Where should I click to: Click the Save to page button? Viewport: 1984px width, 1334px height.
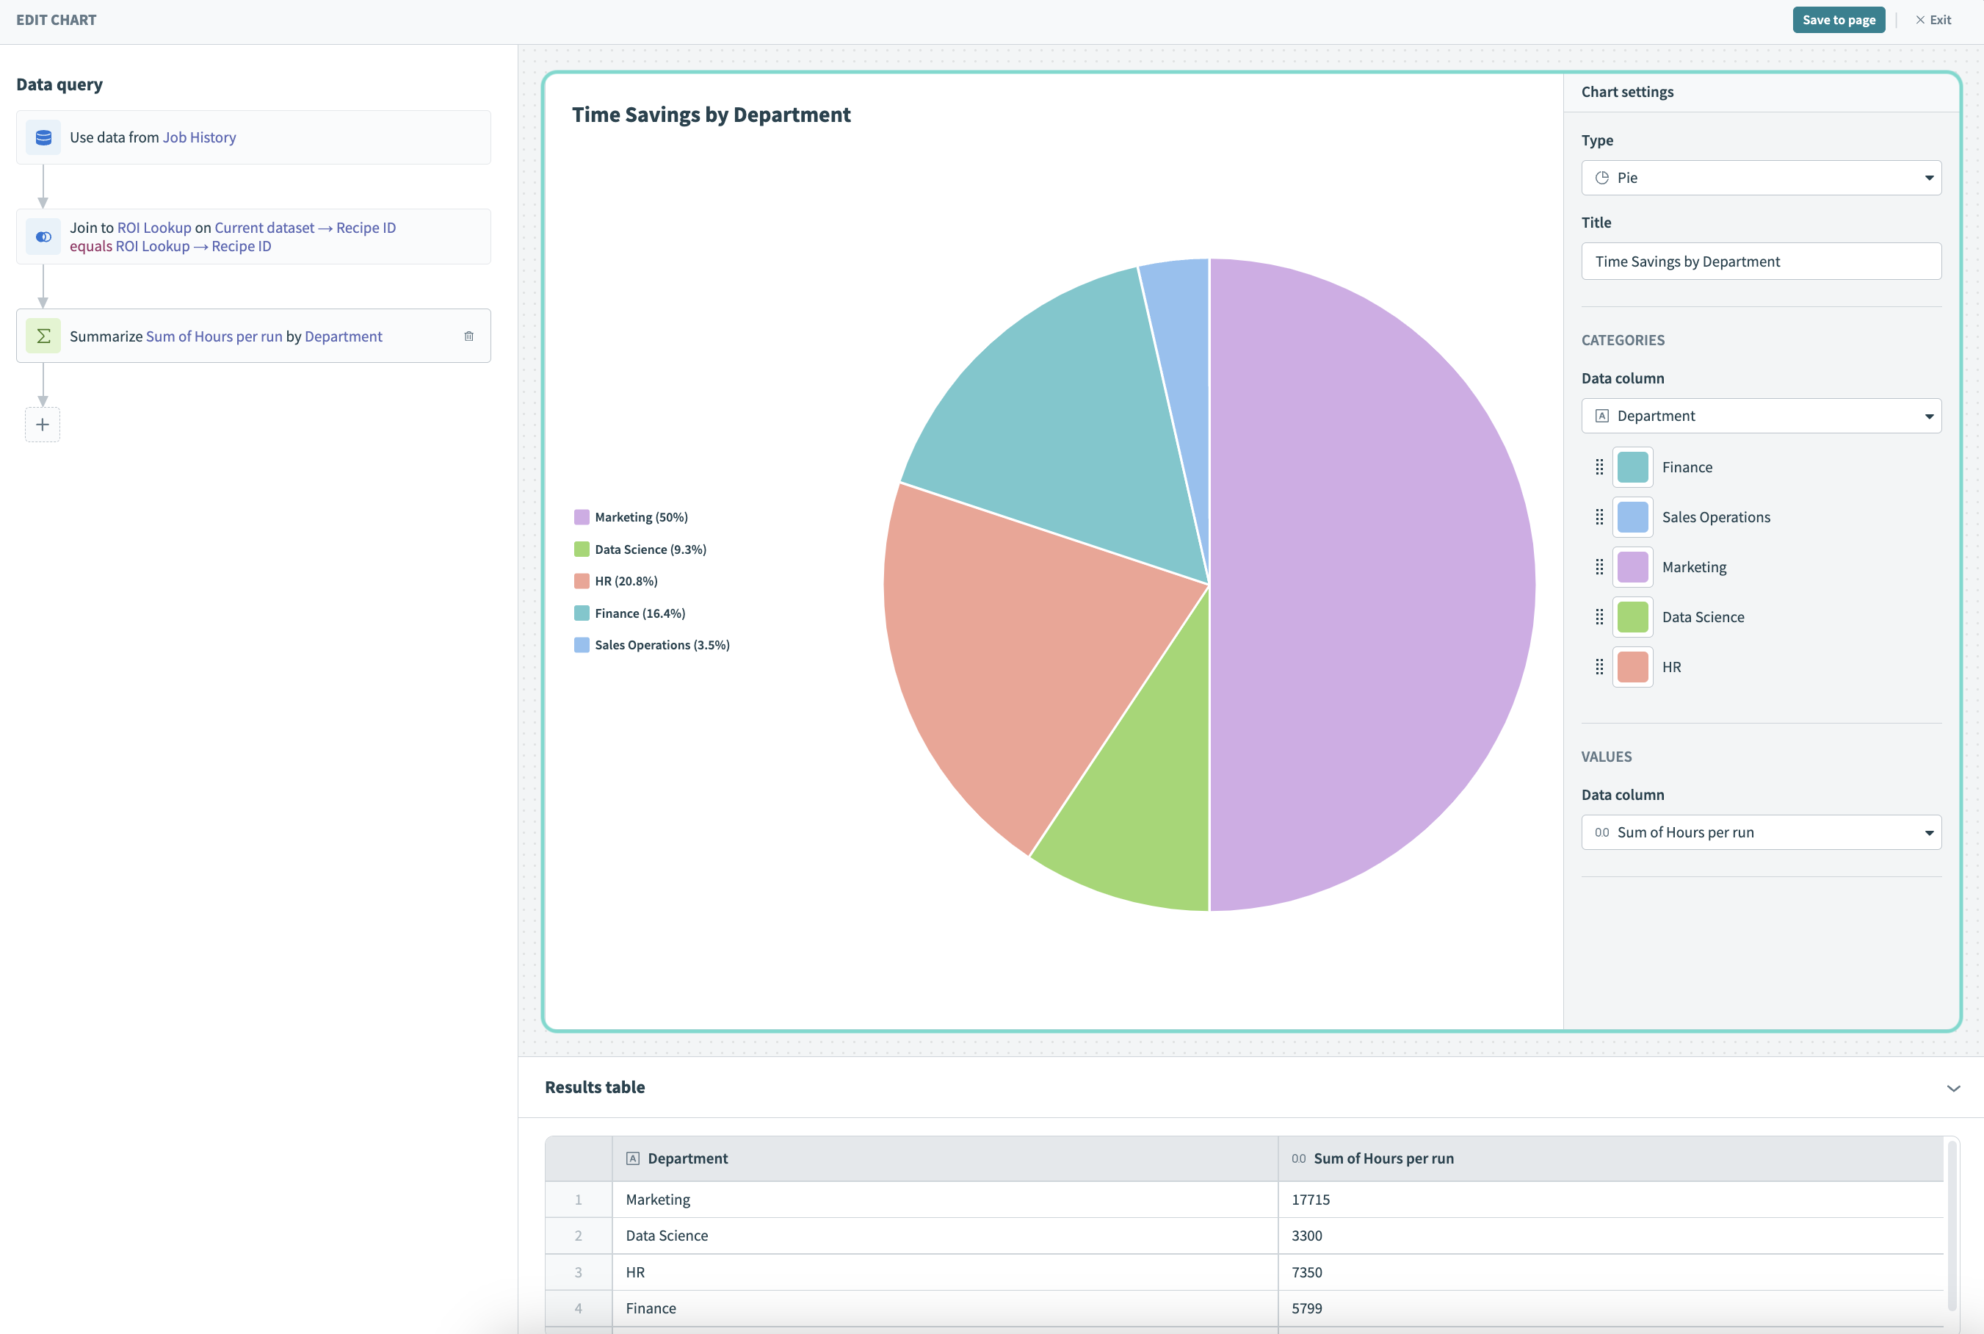[1838, 20]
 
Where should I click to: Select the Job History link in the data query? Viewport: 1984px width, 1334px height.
[199, 137]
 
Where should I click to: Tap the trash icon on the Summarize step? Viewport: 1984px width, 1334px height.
[468, 336]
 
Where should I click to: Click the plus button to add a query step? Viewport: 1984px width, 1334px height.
[43, 425]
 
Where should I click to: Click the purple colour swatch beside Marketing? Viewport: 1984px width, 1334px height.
[1632, 567]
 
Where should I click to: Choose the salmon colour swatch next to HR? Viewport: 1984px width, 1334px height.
[1632, 667]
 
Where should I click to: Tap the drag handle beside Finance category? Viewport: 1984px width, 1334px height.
[1599, 467]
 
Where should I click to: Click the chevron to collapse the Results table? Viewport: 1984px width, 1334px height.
[1953, 1088]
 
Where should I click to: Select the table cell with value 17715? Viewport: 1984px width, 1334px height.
[1311, 1200]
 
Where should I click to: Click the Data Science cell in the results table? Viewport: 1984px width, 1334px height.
[667, 1236]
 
